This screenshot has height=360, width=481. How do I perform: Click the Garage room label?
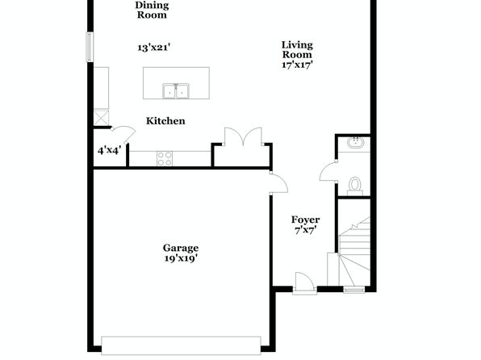pyautogui.click(x=181, y=248)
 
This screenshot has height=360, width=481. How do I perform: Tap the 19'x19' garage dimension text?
pyautogui.click(x=181, y=259)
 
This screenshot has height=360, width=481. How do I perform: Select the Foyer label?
pyautogui.click(x=306, y=220)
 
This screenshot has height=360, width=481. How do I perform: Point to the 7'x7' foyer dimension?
pyautogui.click(x=306, y=230)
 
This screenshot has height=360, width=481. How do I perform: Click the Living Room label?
pyautogui.click(x=297, y=50)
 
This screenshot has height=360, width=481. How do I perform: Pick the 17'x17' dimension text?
pyautogui.click(x=297, y=65)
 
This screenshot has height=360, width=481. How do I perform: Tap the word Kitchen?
pyautogui.click(x=165, y=121)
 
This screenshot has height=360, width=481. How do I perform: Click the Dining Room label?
pyautogui.click(x=152, y=10)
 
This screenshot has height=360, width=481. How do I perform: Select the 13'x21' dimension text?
pyautogui.click(x=153, y=48)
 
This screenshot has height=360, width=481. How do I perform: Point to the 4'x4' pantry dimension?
pyautogui.click(x=109, y=150)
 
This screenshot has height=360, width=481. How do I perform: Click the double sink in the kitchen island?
pyautogui.click(x=176, y=91)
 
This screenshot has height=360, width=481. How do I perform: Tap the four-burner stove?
pyautogui.click(x=165, y=159)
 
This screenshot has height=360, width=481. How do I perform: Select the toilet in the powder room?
pyautogui.click(x=355, y=186)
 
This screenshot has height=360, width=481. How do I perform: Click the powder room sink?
pyautogui.click(x=356, y=142)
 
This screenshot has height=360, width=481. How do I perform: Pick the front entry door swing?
pyautogui.click(x=303, y=281)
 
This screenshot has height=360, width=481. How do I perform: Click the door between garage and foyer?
pyautogui.click(x=279, y=183)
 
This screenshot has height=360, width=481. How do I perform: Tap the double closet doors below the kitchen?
pyautogui.click(x=243, y=136)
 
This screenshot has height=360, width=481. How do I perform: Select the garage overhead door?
pyautogui.click(x=181, y=346)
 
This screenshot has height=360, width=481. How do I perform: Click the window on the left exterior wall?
pyautogui.click(x=90, y=47)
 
